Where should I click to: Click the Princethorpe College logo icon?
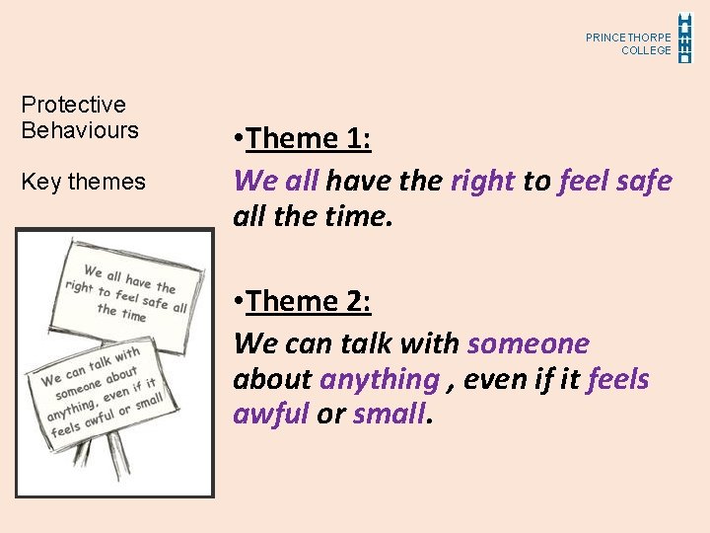pyautogui.click(x=686, y=38)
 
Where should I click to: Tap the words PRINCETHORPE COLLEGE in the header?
pyautogui.click(x=628, y=43)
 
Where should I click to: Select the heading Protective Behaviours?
pyautogui.click(x=80, y=117)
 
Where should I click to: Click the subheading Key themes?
pyautogui.click(x=83, y=182)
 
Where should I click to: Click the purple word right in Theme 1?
pyautogui.click(x=482, y=181)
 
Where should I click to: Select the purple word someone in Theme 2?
pyautogui.click(x=529, y=343)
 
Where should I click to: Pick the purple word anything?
pyautogui.click(x=380, y=379)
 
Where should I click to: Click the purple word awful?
pyautogui.click(x=271, y=413)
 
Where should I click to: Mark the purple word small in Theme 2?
pyautogui.click(x=390, y=413)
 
